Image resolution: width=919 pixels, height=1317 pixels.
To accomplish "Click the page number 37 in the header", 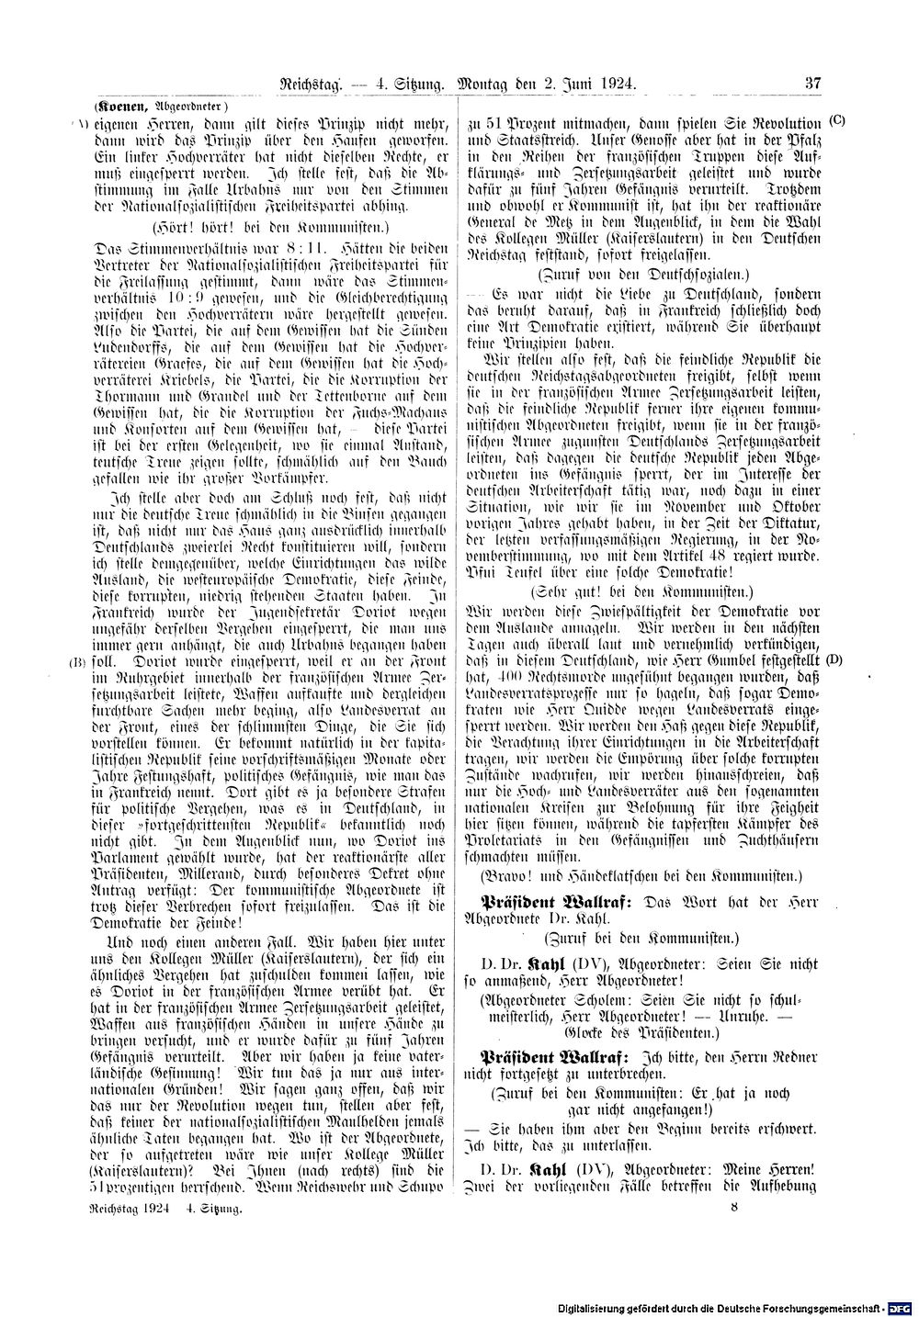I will pyautogui.click(x=812, y=84).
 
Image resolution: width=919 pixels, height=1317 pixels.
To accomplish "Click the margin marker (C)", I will pyautogui.click(x=836, y=121).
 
